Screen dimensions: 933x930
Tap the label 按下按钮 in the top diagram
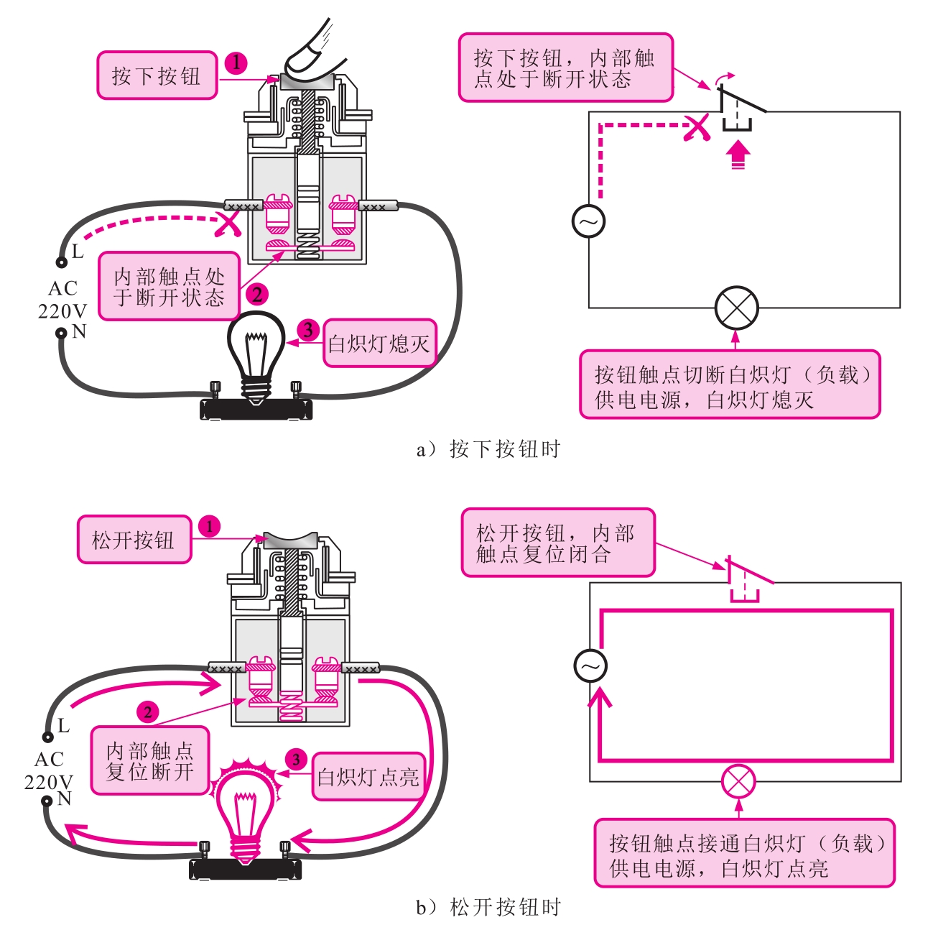[x=157, y=75]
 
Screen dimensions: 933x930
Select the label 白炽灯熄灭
[x=379, y=344]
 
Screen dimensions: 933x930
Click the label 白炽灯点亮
[x=368, y=776]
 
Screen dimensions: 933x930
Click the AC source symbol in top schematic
[x=589, y=221]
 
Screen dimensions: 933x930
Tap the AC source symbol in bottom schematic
[x=590, y=666]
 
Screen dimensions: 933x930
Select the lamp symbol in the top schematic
[x=736, y=308]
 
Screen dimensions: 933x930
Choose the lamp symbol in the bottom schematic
[x=738, y=782]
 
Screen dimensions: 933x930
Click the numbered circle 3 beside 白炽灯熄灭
[x=308, y=331]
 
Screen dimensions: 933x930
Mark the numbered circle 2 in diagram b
[x=148, y=712]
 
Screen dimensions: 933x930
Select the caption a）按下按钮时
[x=488, y=449]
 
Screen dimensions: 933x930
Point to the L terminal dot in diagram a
[x=62, y=262]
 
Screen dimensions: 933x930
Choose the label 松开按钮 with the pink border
[x=134, y=540]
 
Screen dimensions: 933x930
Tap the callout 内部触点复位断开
[x=150, y=760]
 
